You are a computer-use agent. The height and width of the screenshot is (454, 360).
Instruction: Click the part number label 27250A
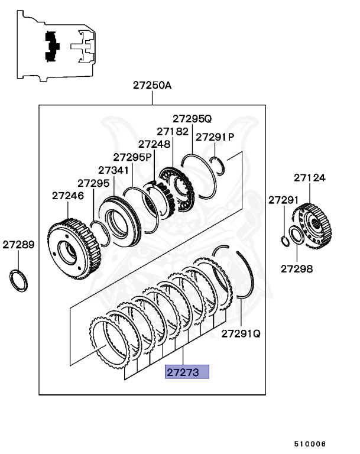152,85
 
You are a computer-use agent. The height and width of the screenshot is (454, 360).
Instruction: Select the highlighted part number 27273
187,372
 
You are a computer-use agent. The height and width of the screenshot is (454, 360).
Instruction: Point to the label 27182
173,131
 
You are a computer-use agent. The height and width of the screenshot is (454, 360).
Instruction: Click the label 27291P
215,137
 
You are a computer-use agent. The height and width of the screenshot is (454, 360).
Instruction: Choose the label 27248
154,144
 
